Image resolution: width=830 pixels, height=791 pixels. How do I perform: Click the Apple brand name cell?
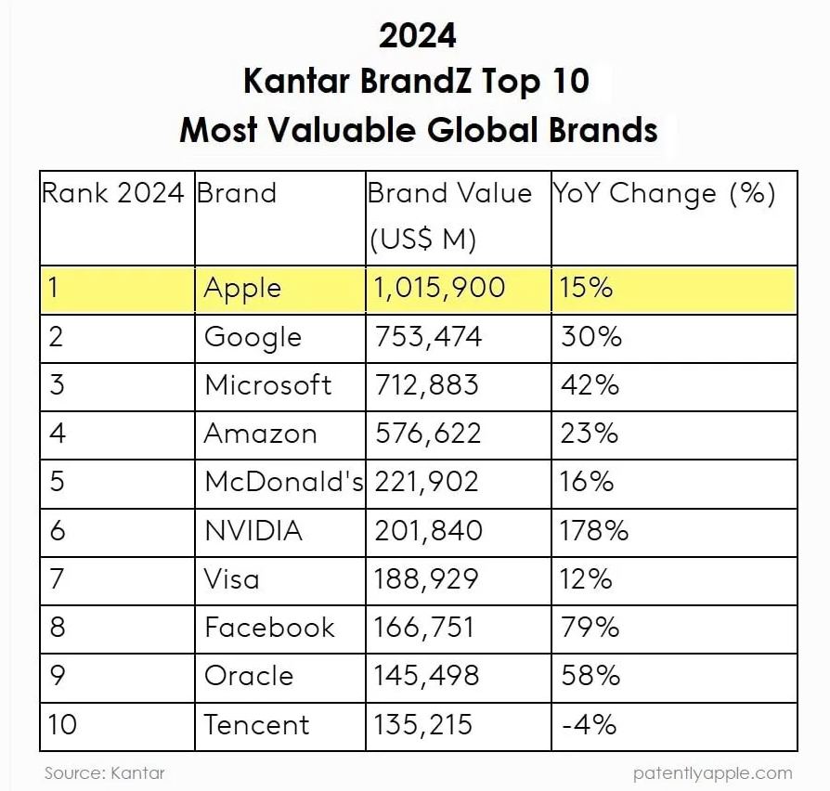(x=243, y=289)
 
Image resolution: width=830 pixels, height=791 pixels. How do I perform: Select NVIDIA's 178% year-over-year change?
(x=594, y=531)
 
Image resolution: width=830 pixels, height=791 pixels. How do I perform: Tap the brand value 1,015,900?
(x=440, y=288)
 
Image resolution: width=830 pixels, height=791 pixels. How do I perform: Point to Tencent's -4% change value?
(x=589, y=724)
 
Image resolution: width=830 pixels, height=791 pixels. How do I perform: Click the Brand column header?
(x=237, y=193)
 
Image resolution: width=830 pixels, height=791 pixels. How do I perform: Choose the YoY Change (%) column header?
(x=665, y=193)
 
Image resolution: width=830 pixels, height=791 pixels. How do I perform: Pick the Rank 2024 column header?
(x=113, y=193)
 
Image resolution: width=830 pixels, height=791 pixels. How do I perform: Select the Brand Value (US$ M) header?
(x=449, y=215)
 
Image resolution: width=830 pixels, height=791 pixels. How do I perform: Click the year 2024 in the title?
(x=418, y=35)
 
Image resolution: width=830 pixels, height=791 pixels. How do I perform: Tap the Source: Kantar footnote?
(x=105, y=772)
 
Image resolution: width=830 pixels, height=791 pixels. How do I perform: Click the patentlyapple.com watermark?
(x=713, y=772)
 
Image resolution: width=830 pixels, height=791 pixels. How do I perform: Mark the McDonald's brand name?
(x=283, y=482)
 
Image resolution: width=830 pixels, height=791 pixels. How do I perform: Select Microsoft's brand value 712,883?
(x=427, y=385)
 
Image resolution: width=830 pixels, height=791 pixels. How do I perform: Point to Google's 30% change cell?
(x=590, y=337)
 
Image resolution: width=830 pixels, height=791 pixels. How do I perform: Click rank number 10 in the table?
(x=62, y=724)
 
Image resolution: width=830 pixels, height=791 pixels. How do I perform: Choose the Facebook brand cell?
(x=269, y=628)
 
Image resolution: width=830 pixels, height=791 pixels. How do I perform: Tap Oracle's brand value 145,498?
(x=427, y=676)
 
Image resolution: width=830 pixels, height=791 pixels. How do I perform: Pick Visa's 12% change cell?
(x=586, y=579)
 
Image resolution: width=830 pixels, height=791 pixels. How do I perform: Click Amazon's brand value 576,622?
(x=428, y=434)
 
